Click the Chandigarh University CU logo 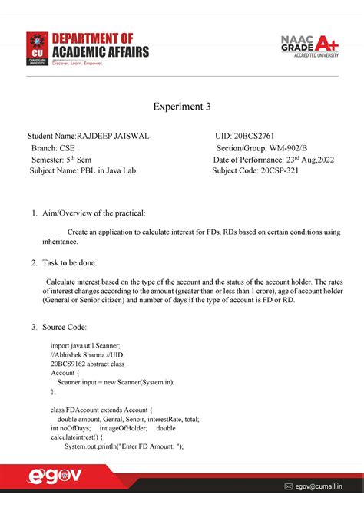[x=37, y=48]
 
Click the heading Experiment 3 [x=181, y=107]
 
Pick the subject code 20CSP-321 [x=280, y=170]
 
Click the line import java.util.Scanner [x=85, y=347]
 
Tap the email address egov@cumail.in [x=319, y=486]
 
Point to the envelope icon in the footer [x=289, y=486]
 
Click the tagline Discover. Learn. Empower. [x=76, y=63]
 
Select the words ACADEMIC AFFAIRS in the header [x=100, y=52]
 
